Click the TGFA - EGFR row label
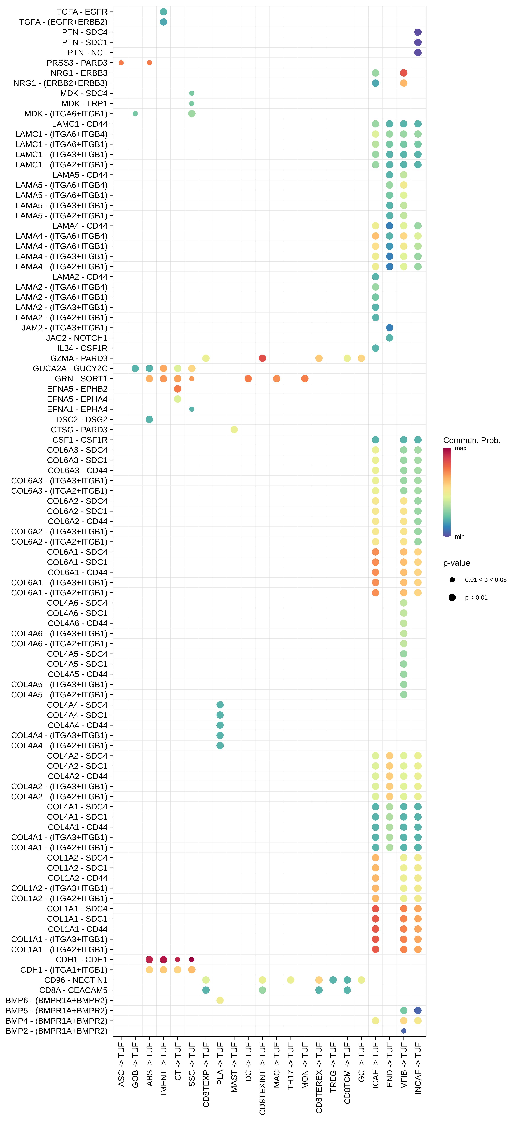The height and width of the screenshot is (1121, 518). click(x=82, y=12)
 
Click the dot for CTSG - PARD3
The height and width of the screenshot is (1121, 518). click(x=234, y=430)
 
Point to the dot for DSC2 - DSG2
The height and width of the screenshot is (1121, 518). click(x=149, y=419)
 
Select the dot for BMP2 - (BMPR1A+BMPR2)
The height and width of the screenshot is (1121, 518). click(x=403, y=1031)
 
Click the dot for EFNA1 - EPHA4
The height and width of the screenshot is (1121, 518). click(x=192, y=409)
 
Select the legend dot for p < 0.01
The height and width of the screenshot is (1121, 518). click(x=452, y=598)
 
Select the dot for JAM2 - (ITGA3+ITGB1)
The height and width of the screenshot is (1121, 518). click(x=390, y=328)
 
